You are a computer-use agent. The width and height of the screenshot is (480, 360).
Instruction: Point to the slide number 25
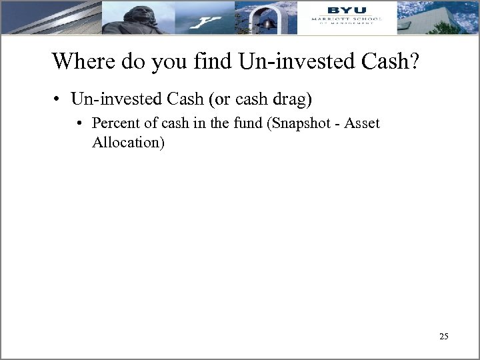[x=444, y=337]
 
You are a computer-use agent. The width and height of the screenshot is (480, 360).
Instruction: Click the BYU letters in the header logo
[x=346, y=10]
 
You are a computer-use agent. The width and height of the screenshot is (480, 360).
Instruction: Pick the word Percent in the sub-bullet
[x=114, y=123]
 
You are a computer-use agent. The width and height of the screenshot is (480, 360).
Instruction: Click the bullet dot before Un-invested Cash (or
[x=59, y=101]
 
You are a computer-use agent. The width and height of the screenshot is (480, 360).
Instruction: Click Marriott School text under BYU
[x=346, y=20]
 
